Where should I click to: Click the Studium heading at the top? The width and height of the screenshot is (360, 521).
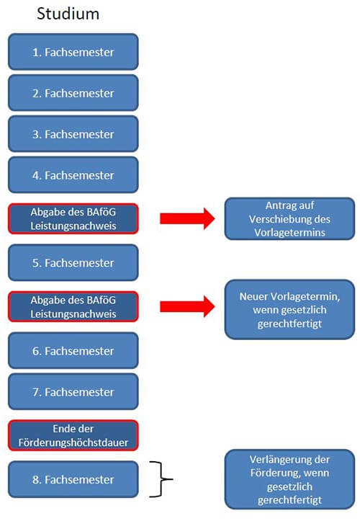(68, 14)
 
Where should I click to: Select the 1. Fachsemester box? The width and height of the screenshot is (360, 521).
(73, 52)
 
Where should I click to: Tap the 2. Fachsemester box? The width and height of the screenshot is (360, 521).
(73, 93)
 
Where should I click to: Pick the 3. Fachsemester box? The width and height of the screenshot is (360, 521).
(73, 134)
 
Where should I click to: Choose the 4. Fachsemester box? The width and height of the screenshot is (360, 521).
(73, 175)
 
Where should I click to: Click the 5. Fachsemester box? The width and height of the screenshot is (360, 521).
(73, 263)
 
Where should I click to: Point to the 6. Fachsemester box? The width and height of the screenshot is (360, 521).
(73, 350)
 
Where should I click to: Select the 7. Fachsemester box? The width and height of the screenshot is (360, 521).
(73, 392)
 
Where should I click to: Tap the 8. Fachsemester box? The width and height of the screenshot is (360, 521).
(73, 479)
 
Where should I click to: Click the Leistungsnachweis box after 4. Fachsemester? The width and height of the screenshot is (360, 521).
(73, 219)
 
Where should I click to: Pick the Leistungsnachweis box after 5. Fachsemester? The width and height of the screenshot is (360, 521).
(73, 307)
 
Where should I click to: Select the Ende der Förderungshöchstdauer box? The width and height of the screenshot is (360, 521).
(73, 435)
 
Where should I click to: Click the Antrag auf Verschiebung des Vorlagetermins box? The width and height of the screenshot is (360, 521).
(289, 218)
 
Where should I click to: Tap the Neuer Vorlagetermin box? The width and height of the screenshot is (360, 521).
(289, 309)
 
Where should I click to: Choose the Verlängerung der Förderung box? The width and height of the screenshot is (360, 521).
(289, 479)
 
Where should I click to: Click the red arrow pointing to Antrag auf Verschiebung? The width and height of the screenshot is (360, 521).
(188, 218)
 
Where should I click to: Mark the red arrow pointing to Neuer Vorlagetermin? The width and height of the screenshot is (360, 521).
(188, 307)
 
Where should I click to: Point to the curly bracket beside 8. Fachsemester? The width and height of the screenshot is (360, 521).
(162, 479)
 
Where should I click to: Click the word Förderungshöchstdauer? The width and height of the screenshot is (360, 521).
(73, 442)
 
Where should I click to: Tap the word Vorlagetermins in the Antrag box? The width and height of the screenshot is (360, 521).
(289, 232)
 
